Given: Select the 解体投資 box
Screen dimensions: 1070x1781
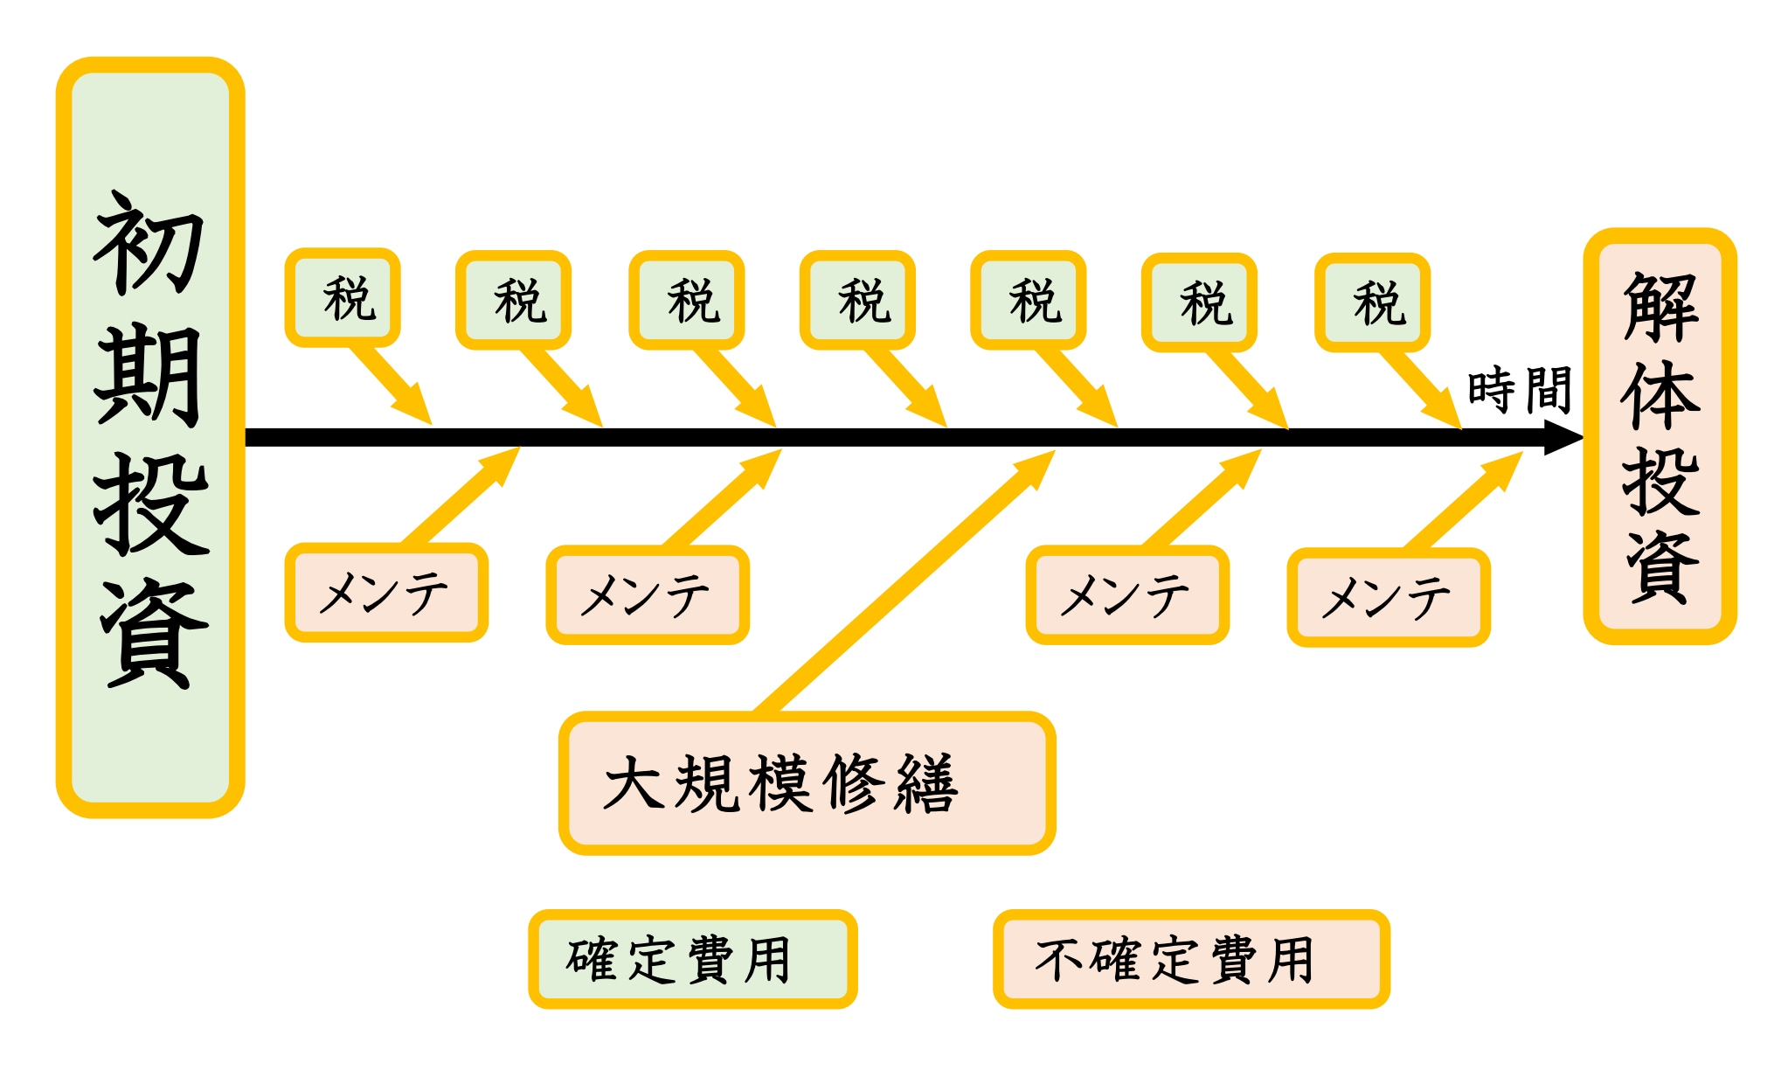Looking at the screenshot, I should click(1660, 437).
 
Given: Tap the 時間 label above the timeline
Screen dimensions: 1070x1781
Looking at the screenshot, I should click(1520, 390).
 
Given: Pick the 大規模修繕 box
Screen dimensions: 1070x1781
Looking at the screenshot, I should click(807, 782).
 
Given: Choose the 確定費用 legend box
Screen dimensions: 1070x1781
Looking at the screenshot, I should click(692, 959).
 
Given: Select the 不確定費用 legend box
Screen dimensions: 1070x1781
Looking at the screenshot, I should click(1190, 959).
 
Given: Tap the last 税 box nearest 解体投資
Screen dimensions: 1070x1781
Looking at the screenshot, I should click(1372, 302).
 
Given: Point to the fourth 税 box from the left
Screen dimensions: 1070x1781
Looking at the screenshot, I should click(857, 300).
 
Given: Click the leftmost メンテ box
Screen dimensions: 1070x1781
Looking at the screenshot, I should click(385, 593).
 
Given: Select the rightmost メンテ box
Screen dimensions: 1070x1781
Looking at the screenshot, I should click(1388, 598).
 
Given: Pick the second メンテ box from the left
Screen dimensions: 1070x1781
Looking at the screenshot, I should click(647, 595).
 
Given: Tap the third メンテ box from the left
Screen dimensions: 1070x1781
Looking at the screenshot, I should click(1126, 595).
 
